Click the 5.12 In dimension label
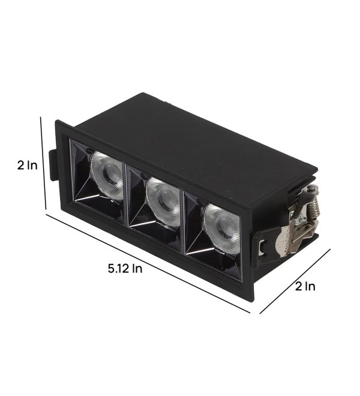coord(125,268)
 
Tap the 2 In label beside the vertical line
coord(27,166)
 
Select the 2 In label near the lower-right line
coord(305,286)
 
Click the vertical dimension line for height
coord(43,163)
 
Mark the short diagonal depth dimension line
coord(295,281)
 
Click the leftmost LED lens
coord(107,174)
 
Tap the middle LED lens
coord(163,201)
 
